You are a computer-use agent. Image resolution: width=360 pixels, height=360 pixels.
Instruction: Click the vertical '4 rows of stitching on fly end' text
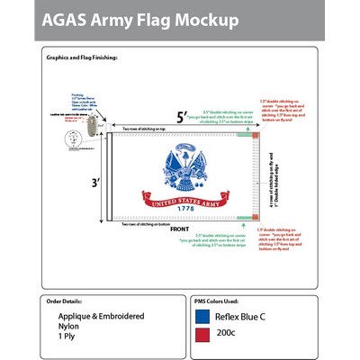[x=271, y=184]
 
